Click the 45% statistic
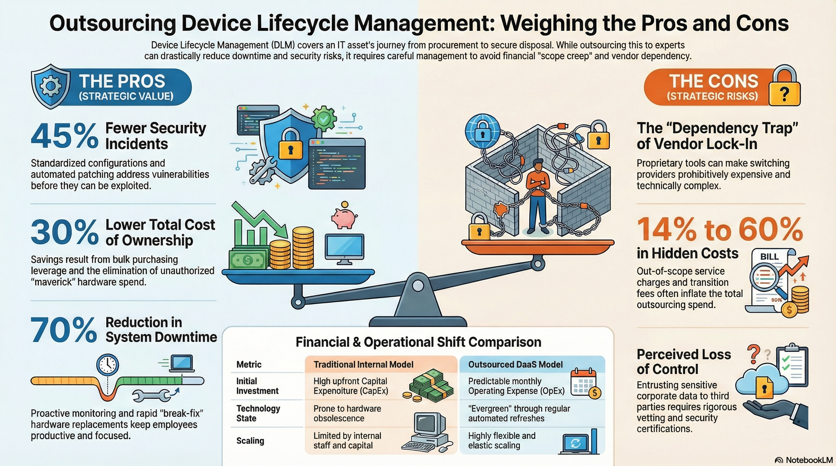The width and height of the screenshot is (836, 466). click(x=65, y=136)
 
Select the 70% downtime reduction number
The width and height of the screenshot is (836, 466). click(x=64, y=330)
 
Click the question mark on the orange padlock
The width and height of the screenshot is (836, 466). click(x=784, y=94)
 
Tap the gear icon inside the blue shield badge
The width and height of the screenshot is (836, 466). click(x=50, y=86)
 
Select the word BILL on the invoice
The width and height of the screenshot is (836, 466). click(x=769, y=257)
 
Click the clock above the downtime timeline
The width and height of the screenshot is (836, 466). click(x=108, y=365)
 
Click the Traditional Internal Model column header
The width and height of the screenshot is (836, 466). click(x=363, y=364)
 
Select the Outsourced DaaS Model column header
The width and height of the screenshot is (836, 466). click(x=515, y=364)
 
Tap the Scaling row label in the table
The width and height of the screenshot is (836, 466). click(x=250, y=441)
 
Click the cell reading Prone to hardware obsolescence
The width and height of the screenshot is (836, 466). click(x=347, y=413)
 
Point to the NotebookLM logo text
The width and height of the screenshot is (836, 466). click(x=809, y=460)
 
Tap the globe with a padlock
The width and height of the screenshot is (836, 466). click(x=482, y=131)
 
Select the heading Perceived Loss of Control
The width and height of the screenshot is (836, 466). click(x=684, y=362)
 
